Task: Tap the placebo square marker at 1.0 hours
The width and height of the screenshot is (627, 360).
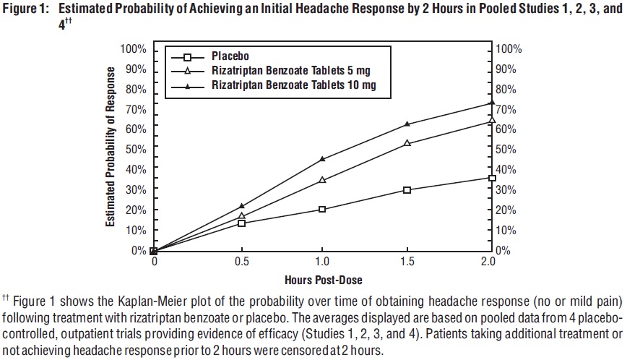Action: pyautogui.click(x=322, y=209)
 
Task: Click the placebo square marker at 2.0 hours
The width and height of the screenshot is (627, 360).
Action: pyautogui.click(x=492, y=178)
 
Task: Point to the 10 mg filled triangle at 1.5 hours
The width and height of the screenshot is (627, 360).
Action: pyautogui.click(x=407, y=124)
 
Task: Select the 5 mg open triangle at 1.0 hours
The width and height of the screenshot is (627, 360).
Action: pyautogui.click(x=322, y=179)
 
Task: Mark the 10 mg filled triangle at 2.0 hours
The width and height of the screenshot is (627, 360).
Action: pyautogui.click(x=492, y=103)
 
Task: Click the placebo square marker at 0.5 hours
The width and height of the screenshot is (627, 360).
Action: pyautogui.click(x=241, y=223)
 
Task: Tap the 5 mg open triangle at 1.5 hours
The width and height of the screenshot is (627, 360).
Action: pyautogui.click(x=407, y=143)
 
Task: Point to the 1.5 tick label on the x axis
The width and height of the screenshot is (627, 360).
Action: pyautogui.click(x=407, y=261)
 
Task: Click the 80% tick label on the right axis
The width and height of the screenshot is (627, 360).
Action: pyautogui.click(x=510, y=89)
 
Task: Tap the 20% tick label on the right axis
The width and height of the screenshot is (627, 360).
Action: pyautogui.click(x=510, y=210)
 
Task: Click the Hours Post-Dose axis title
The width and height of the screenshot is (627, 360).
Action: pyautogui.click(x=323, y=278)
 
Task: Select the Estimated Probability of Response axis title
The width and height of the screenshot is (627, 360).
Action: pyautogui.click(x=111, y=147)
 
